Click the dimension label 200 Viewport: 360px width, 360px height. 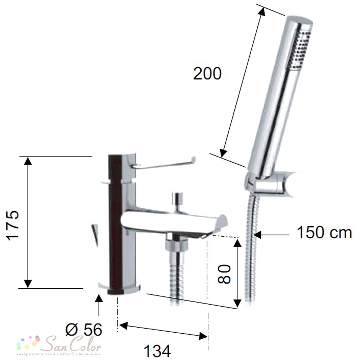tap(207, 73)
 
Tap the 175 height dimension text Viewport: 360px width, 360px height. tap(13, 225)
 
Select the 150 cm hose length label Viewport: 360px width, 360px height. tap(324, 233)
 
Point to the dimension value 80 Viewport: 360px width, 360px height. tap(224, 274)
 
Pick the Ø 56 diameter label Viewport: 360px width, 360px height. tap(84, 330)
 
